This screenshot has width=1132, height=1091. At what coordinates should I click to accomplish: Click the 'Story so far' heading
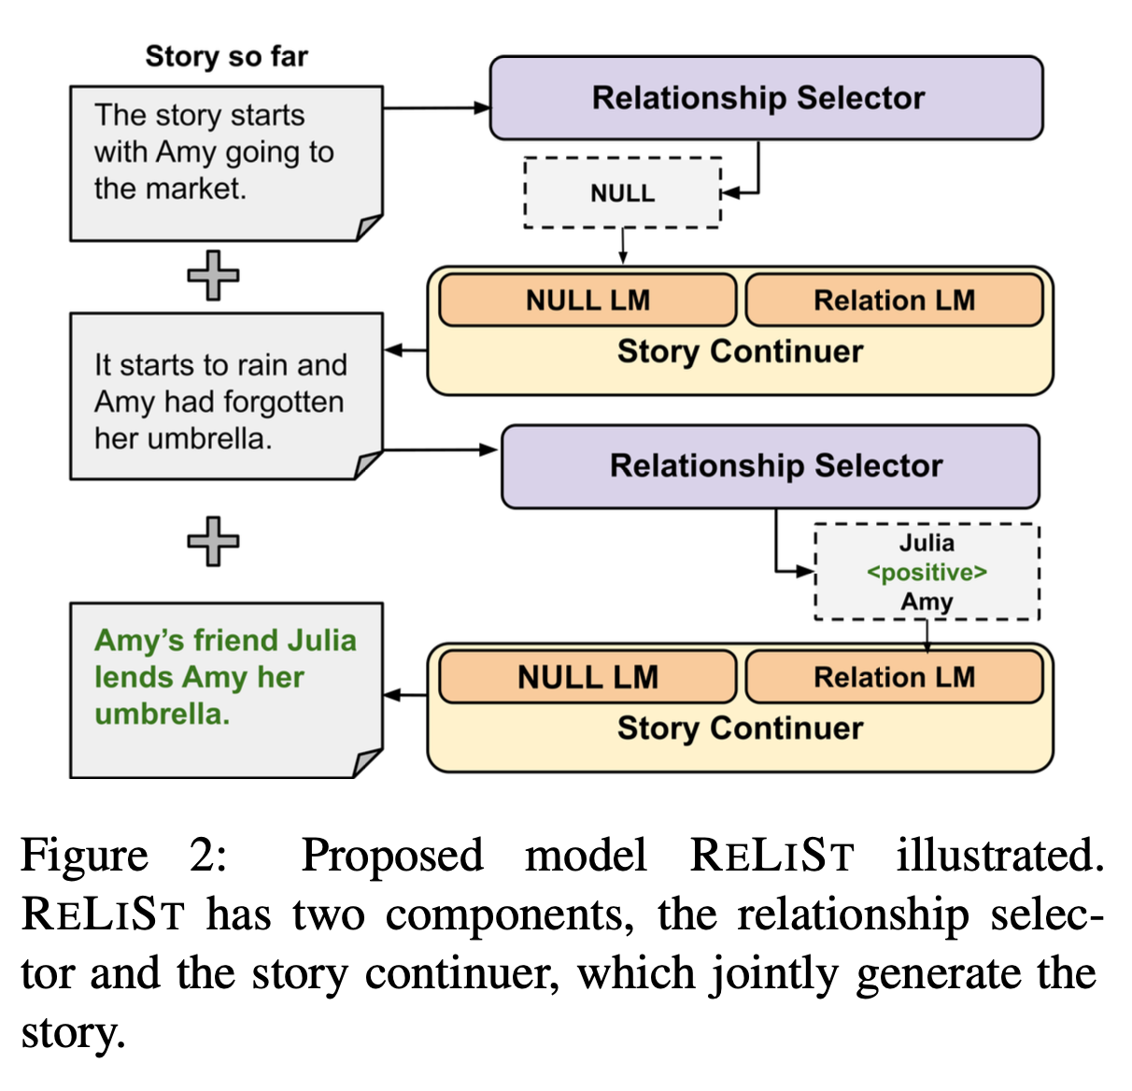[x=226, y=57]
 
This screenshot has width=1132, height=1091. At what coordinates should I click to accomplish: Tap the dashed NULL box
[x=622, y=193]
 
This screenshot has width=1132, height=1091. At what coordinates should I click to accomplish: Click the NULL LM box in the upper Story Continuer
[x=587, y=300]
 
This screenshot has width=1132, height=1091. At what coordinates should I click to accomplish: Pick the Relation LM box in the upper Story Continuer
[x=894, y=300]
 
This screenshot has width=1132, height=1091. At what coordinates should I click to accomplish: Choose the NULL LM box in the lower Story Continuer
[x=587, y=677]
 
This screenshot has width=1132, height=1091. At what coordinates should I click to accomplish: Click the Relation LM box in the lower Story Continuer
[x=894, y=677]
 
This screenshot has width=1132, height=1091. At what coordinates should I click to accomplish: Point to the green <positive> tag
[x=927, y=572]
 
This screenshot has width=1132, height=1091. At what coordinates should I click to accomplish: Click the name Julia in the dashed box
[x=927, y=543]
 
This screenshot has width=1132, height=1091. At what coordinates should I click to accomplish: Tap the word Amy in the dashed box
[x=927, y=602]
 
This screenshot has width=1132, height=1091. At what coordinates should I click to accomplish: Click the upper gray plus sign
[x=213, y=276]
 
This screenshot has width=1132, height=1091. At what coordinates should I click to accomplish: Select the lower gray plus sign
[x=213, y=541]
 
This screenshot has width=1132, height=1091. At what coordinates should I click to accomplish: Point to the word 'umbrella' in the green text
[x=161, y=715]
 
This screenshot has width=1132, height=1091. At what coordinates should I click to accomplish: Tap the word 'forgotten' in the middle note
[x=286, y=403]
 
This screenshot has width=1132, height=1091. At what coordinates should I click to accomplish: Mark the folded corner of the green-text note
[x=369, y=762]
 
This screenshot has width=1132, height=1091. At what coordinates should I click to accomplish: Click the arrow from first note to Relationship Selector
[x=436, y=108]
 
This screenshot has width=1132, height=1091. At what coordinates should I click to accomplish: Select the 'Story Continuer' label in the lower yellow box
[x=740, y=729]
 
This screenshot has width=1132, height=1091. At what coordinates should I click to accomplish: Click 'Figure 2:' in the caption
[x=123, y=856]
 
